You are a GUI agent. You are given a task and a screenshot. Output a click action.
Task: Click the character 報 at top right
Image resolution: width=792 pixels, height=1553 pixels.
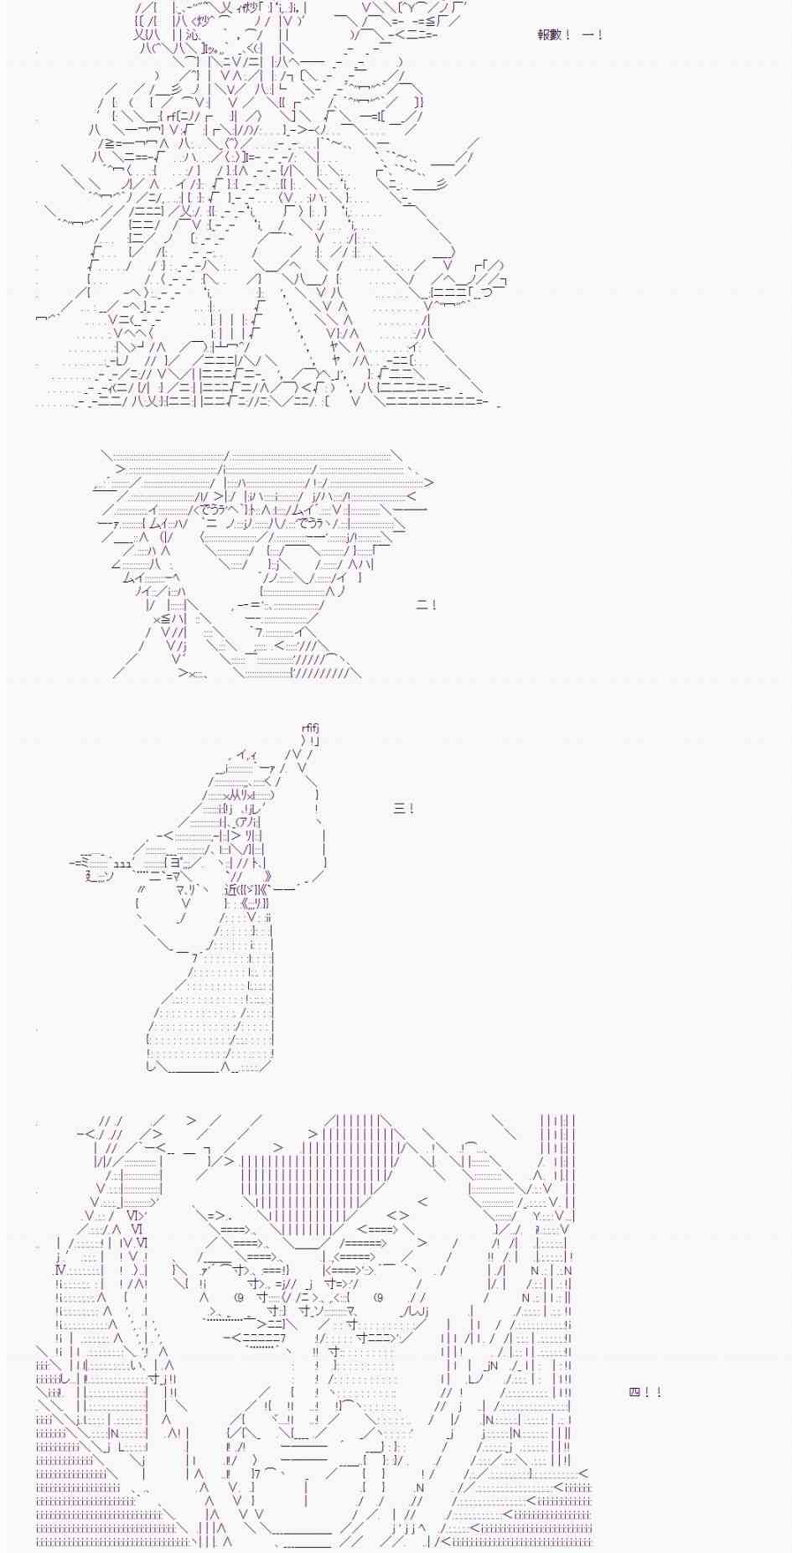pyautogui.click(x=543, y=35)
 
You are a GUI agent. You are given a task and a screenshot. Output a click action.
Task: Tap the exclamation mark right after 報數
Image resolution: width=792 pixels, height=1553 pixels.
pyautogui.click(x=568, y=35)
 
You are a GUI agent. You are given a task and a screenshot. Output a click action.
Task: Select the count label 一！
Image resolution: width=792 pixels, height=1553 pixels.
pyautogui.click(x=592, y=35)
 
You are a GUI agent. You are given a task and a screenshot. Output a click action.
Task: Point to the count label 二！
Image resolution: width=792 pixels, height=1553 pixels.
pyautogui.click(x=427, y=605)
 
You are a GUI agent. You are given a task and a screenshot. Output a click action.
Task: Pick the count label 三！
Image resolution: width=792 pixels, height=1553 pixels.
pyautogui.click(x=403, y=809)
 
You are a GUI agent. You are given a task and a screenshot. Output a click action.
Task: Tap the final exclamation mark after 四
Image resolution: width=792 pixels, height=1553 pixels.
pyautogui.click(x=659, y=1392)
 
